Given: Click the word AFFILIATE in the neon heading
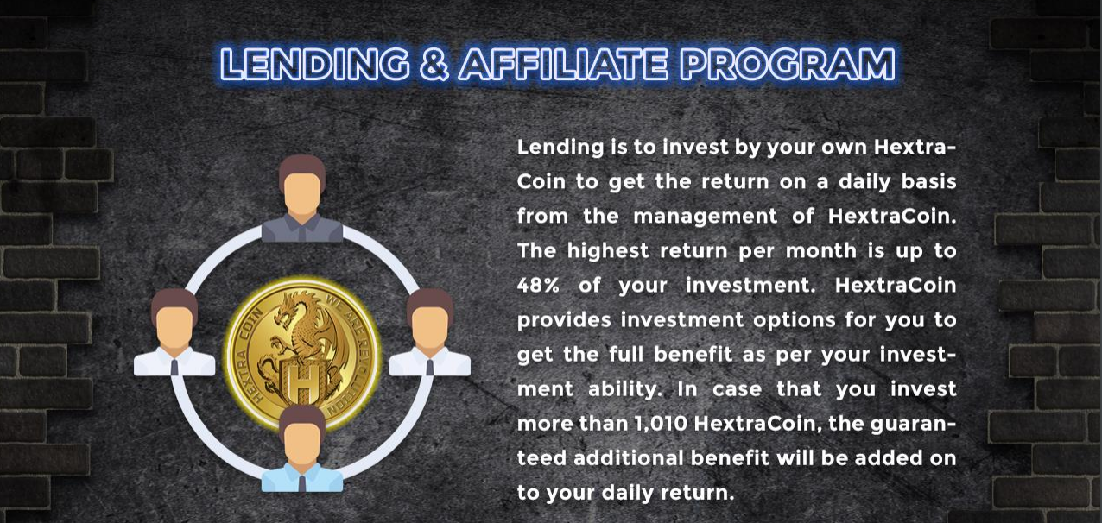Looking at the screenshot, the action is tap(564, 65).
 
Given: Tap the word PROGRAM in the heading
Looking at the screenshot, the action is tap(788, 65).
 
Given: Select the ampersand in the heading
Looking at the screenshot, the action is tap(435, 65).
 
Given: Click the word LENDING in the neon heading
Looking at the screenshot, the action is tap(315, 65).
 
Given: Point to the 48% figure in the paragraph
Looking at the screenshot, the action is tap(538, 285).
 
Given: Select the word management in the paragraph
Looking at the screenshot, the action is tap(706, 217).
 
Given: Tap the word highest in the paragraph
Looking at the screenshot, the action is tap(608, 251).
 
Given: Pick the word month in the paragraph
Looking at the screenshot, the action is tap(821, 251).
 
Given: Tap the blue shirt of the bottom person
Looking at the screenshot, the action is tap(302, 478).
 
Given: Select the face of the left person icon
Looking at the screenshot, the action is tap(174, 328).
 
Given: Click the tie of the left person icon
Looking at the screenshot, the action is tap(174, 367).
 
